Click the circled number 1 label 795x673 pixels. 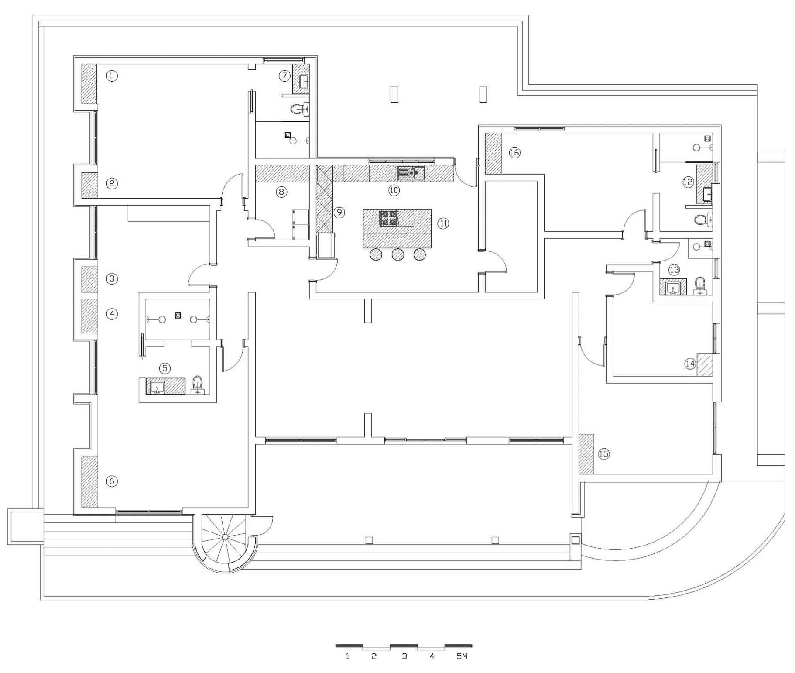pyautogui.click(x=112, y=76)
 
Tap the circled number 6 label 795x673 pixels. pyautogui.click(x=112, y=481)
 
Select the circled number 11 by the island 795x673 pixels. pyautogui.click(x=443, y=223)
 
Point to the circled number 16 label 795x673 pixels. pyautogui.click(x=515, y=152)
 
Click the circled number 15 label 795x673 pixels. pyautogui.click(x=603, y=454)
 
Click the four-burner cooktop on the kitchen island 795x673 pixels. pyautogui.click(x=389, y=218)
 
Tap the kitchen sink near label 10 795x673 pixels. pyautogui.click(x=411, y=173)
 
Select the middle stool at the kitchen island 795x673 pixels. pyautogui.click(x=397, y=254)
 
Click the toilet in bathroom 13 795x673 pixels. pyautogui.click(x=700, y=286)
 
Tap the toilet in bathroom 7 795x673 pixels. pyautogui.click(x=300, y=109)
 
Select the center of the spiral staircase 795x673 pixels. pyautogui.click(x=225, y=536)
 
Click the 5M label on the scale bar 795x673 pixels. pyautogui.click(x=462, y=656)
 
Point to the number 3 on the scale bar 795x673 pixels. pyautogui.click(x=404, y=656)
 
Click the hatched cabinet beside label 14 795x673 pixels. pyautogui.click(x=705, y=364)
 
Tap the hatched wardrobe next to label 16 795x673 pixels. pyautogui.click(x=493, y=153)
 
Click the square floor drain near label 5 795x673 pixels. pyautogui.click(x=178, y=315)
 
